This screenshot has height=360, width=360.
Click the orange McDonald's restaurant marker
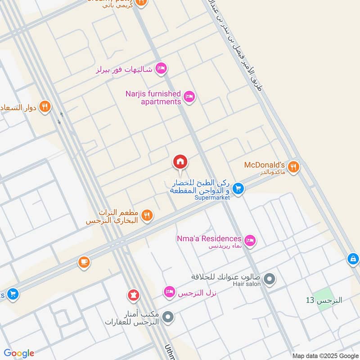(293, 167)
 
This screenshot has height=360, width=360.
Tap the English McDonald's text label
(265, 165)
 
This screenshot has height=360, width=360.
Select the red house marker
(180, 162)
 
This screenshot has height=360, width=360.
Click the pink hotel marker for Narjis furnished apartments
(189, 97)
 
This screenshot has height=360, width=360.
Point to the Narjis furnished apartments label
(153, 98)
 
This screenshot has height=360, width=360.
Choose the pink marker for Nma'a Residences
(251, 241)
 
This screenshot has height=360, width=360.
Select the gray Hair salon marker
(270, 279)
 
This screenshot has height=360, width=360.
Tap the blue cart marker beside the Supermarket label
(238, 189)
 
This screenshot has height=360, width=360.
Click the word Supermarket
(212, 197)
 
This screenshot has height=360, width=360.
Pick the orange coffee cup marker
(84, 262)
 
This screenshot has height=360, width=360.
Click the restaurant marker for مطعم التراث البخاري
(147, 216)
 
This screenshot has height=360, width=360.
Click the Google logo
(19, 353)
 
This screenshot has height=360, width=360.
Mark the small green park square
(320, 297)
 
